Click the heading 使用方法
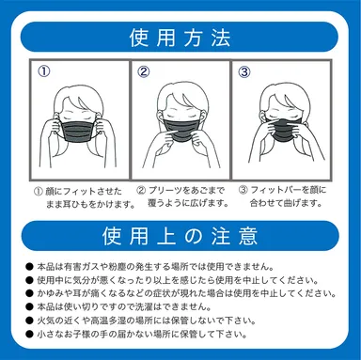(x=180, y=38)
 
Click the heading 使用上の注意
(x=180, y=236)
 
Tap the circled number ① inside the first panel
(x=44, y=71)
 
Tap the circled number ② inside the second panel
(x=144, y=71)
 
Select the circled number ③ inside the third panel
(x=244, y=72)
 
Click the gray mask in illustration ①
(x=79, y=130)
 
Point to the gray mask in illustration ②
(x=180, y=129)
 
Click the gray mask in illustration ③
(x=284, y=130)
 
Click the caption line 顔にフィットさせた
(x=84, y=191)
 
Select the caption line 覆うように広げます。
(x=188, y=203)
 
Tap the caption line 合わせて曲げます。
(x=286, y=203)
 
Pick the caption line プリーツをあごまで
(x=186, y=190)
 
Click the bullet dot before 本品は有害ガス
(x=29, y=267)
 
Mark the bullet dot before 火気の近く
(x=29, y=321)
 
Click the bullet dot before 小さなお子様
(x=29, y=335)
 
